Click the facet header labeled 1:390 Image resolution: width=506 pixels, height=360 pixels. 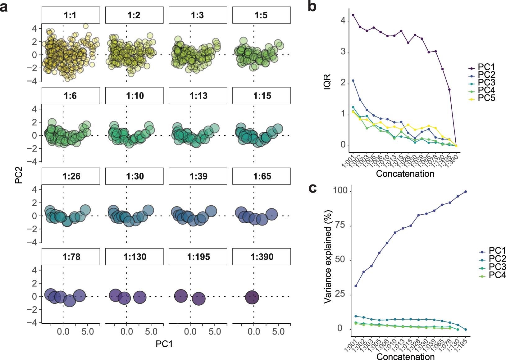(x=261, y=257)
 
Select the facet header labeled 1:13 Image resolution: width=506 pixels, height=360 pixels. (x=198, y=96)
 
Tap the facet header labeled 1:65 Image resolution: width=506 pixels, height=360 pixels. (x=261, y=176)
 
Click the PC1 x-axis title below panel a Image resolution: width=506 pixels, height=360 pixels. (x=164, y=344)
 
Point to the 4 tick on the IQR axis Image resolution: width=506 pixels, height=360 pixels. (x=343, y=21)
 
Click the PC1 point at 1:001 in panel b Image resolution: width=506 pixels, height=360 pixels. (x=353, y=15)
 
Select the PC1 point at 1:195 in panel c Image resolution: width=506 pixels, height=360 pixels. (x=466, y=192)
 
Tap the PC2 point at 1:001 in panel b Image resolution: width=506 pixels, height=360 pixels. (x=353, y=80)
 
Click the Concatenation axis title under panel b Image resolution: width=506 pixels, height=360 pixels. (x=405, y=173)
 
